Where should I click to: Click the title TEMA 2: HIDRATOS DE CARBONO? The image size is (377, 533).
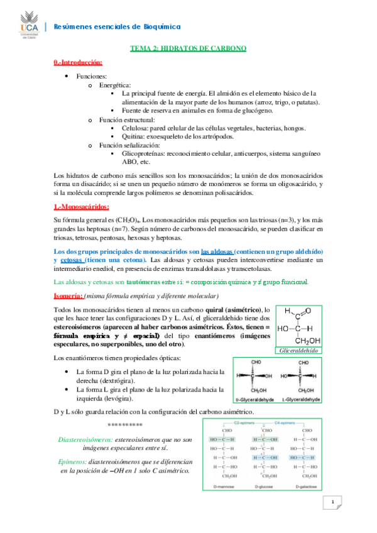(188, 48)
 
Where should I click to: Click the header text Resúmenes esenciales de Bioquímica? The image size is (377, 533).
(117, 26)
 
